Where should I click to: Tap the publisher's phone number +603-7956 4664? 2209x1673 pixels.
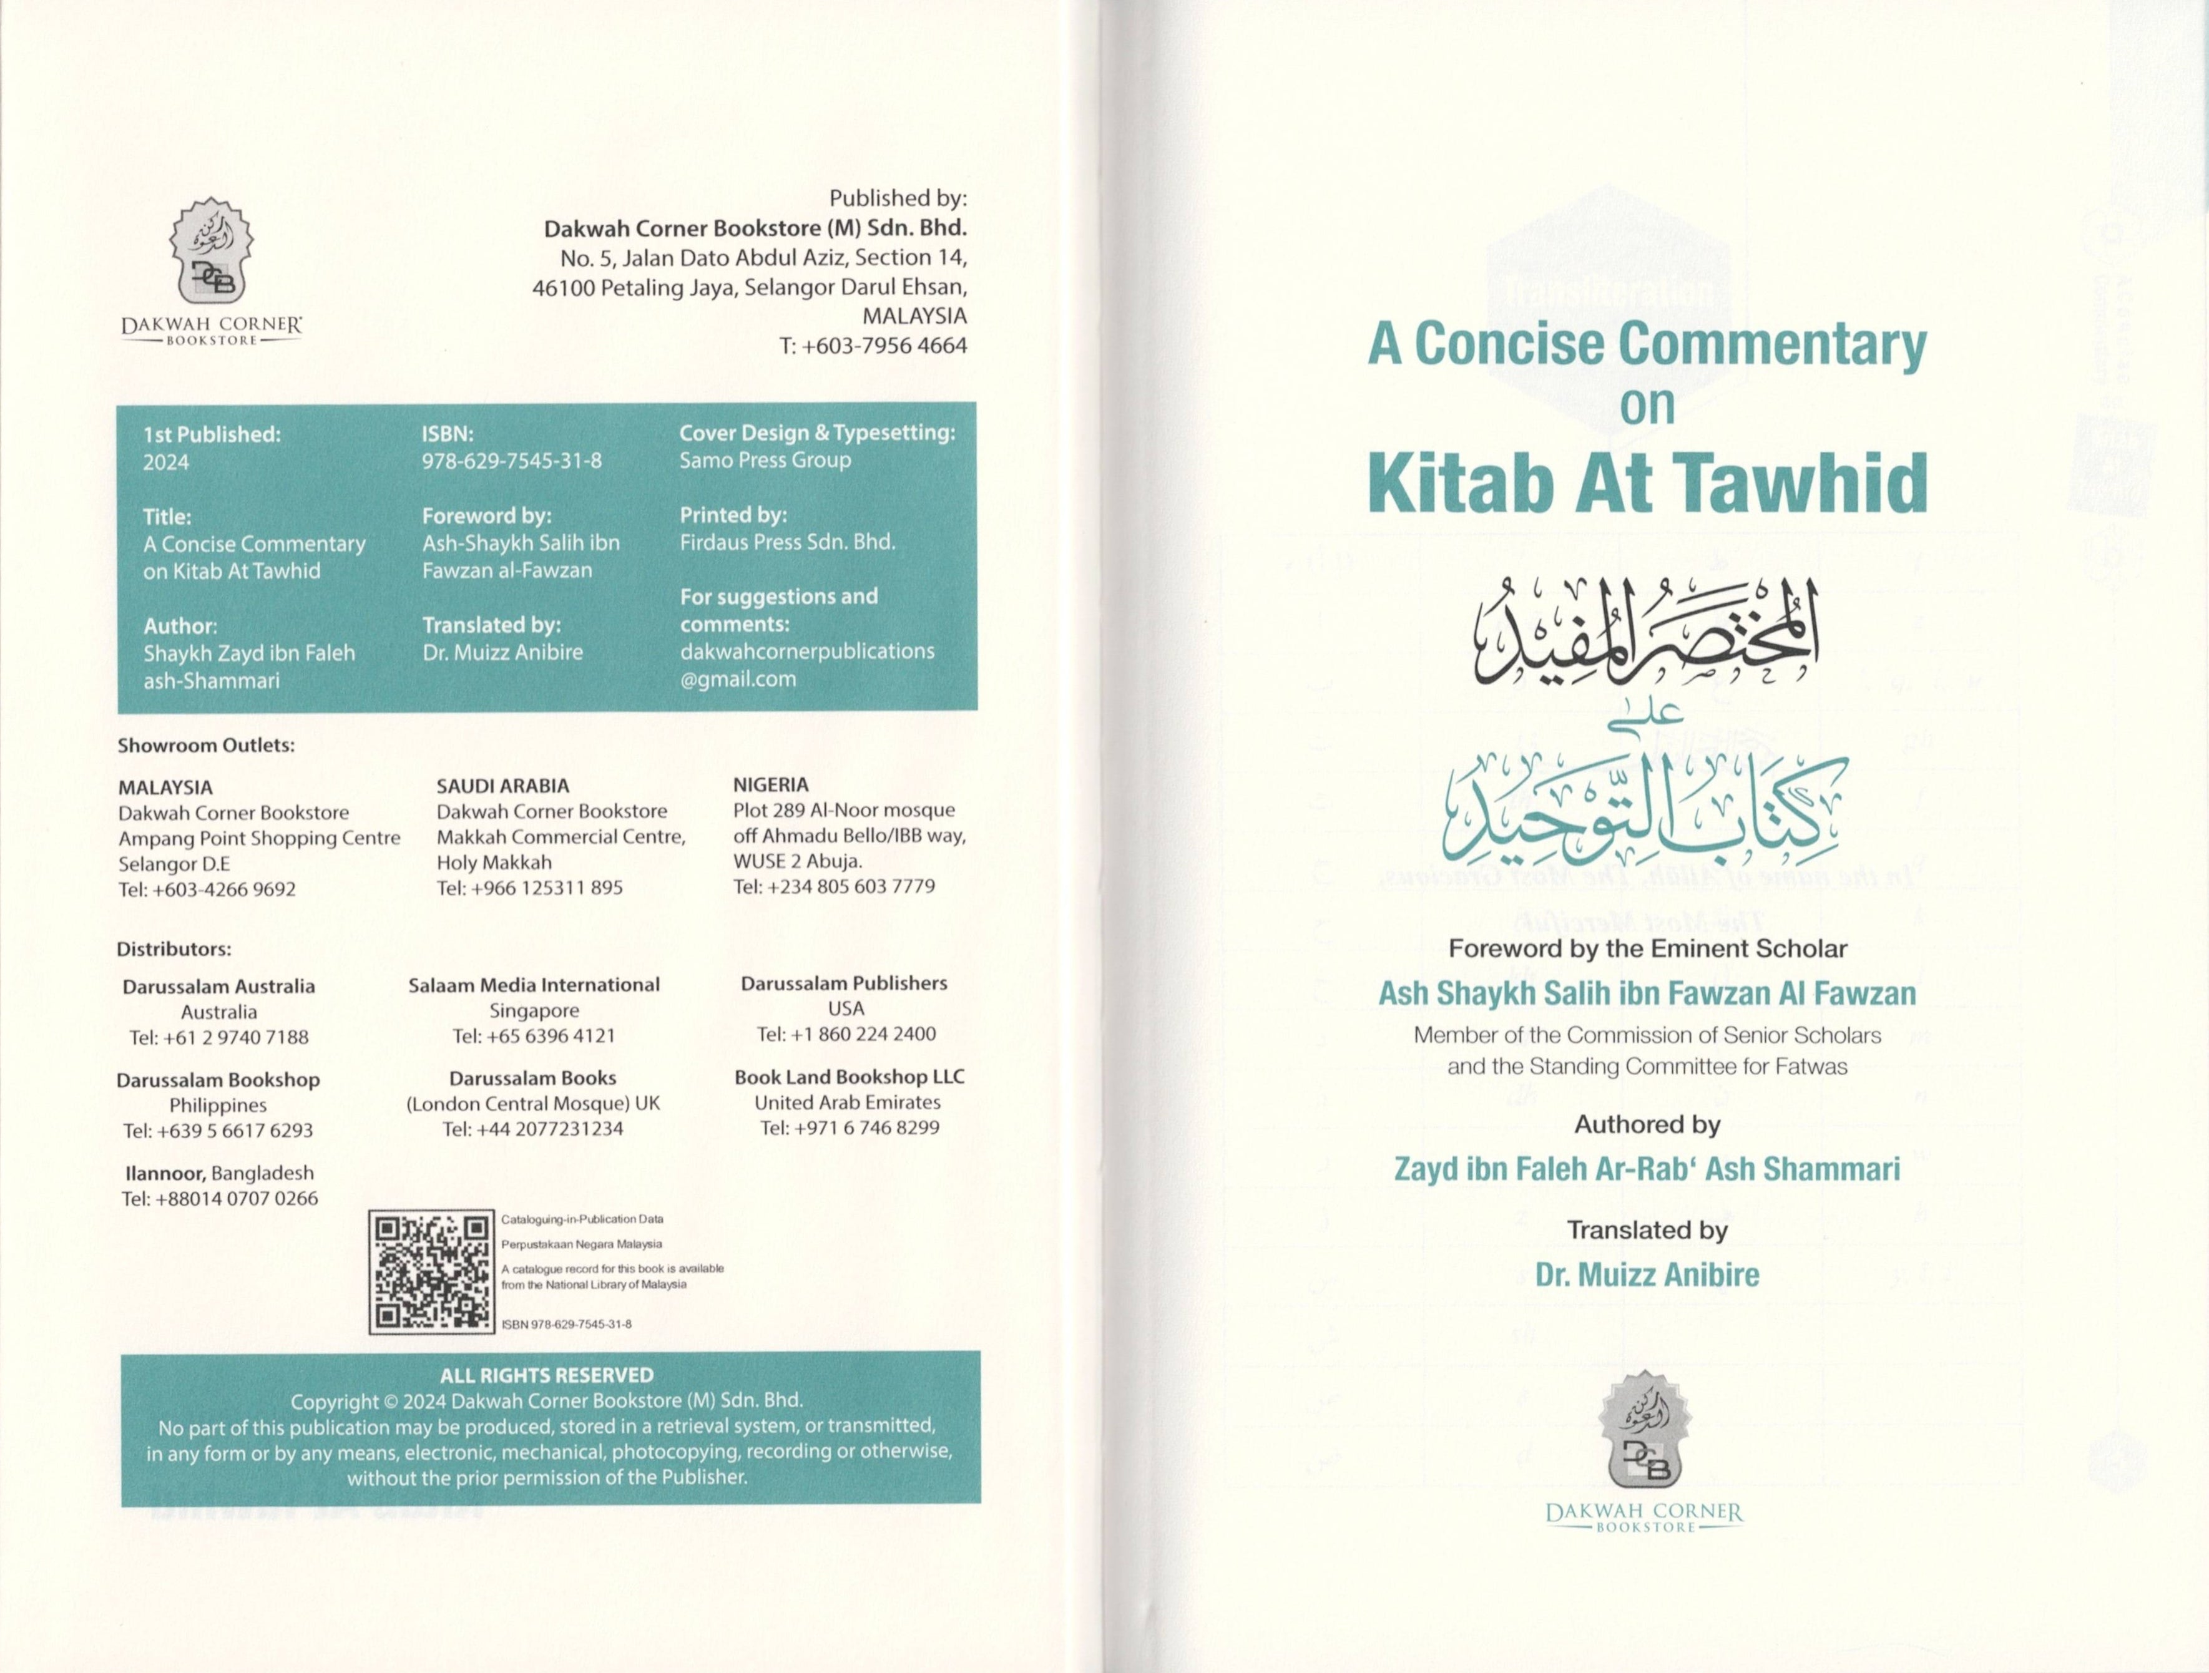coord(872,345)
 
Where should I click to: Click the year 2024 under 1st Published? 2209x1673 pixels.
coord(166,462)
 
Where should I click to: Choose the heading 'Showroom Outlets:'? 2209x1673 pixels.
coord(206,746)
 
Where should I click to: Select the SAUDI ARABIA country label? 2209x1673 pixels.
coord(502,786)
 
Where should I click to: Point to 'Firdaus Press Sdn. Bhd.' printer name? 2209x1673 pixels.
coord(787,542)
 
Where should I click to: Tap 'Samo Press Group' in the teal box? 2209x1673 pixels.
coord(765,460)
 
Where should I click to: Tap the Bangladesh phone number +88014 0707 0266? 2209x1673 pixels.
coord(220,1199)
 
